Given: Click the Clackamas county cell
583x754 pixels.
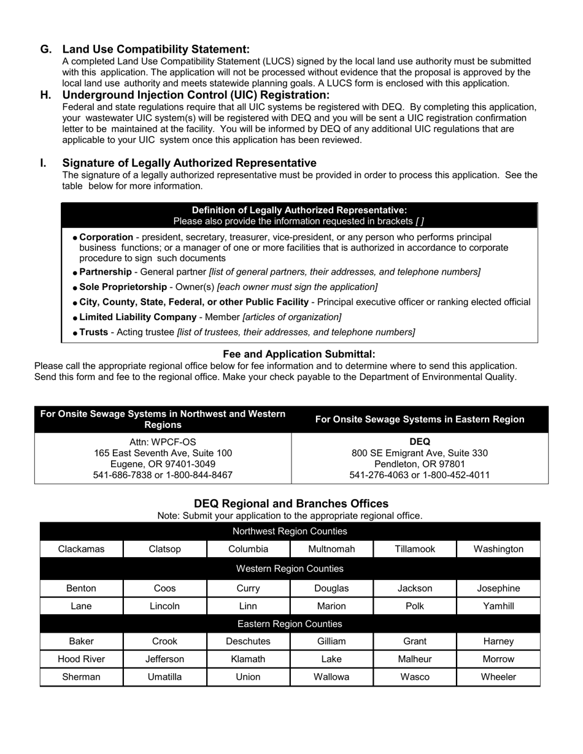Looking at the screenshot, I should [81, 549].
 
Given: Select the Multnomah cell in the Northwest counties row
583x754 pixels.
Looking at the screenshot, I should [331, 549].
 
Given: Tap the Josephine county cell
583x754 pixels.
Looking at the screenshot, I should [498, 588].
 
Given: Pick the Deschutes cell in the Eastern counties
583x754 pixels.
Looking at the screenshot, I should [248, 642].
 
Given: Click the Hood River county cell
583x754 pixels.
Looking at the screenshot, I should [81, 660].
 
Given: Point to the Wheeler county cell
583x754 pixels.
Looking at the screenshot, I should [498, 677].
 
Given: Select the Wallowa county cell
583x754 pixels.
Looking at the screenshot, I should [331, 677].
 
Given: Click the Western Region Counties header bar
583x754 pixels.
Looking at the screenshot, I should [290, 569].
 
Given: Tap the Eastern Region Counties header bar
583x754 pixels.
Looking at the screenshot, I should [290, 624].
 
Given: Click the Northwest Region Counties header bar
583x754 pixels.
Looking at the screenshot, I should [290, 531].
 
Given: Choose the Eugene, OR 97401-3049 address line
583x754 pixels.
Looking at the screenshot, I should [163, 464].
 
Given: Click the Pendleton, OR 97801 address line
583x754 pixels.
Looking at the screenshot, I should [420, 464].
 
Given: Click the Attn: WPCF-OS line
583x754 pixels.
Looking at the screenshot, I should [163, 442].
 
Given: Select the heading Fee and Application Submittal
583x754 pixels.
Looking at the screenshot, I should [298, 354].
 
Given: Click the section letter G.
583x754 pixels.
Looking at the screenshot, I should [45, 49].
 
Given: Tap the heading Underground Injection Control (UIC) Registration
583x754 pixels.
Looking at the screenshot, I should [196, 95].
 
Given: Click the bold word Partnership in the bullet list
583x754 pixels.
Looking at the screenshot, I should [106, 272].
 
